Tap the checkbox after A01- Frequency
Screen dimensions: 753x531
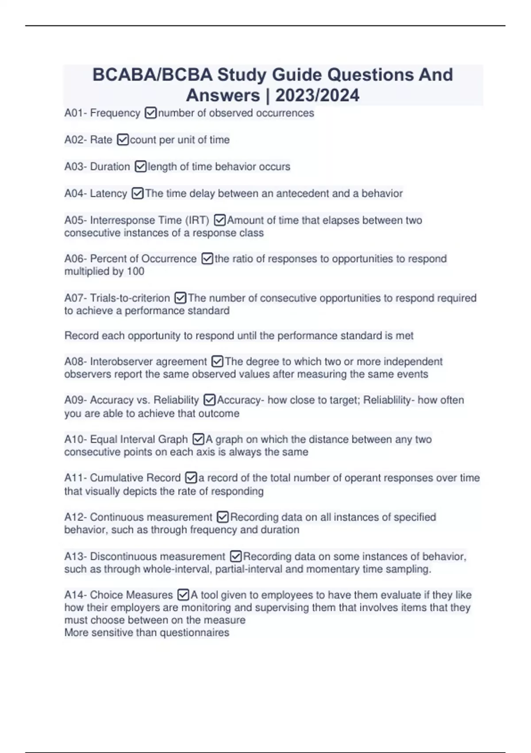(x=150, y=113)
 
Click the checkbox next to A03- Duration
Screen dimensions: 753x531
(x=140, y=167)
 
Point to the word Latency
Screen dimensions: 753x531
(x=108, y=194)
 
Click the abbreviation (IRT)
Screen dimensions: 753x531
(x=197, y=220)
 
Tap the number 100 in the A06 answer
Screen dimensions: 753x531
(x=135, y=271)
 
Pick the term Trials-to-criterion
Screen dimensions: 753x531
(x=130, y=298)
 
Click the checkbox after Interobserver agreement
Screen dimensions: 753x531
(x=217, y=362)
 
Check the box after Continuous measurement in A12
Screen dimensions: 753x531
(x=223, y=517)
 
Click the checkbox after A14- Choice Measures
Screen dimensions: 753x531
(x=183, y=595)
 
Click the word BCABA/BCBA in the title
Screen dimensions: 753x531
(x=152, y=75)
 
